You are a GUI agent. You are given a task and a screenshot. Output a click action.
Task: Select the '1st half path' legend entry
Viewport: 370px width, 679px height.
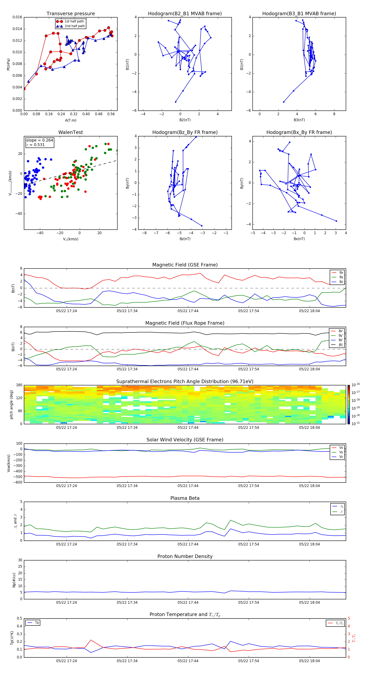coord(74,21)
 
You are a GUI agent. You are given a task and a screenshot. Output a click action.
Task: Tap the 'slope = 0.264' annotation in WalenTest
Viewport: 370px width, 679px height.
coord(39,140)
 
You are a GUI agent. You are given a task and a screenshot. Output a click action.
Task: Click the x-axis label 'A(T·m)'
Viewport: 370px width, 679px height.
coord(71,120)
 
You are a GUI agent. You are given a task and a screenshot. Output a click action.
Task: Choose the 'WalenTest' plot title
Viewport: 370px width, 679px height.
coord(71,132)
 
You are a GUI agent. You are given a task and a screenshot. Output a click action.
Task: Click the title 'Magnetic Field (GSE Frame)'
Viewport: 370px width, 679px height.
coord(185,265)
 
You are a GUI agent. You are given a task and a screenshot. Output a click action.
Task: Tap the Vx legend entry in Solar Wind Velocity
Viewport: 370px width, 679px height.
coord(341,448)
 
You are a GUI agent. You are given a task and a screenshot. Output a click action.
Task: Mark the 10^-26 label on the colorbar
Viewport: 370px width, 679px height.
coord(356,385)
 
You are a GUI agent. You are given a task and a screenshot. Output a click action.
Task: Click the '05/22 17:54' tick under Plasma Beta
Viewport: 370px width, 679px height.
coord(248,544)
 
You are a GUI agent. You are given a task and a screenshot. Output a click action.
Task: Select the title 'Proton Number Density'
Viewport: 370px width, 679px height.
coord(185,556)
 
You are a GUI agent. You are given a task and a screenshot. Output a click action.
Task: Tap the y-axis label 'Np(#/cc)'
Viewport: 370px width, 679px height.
coord(14,580)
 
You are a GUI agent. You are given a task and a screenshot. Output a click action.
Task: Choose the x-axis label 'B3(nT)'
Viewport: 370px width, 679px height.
coord(299,120)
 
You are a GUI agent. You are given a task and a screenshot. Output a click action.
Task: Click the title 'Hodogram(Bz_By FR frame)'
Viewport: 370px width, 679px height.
coord(185,132)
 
